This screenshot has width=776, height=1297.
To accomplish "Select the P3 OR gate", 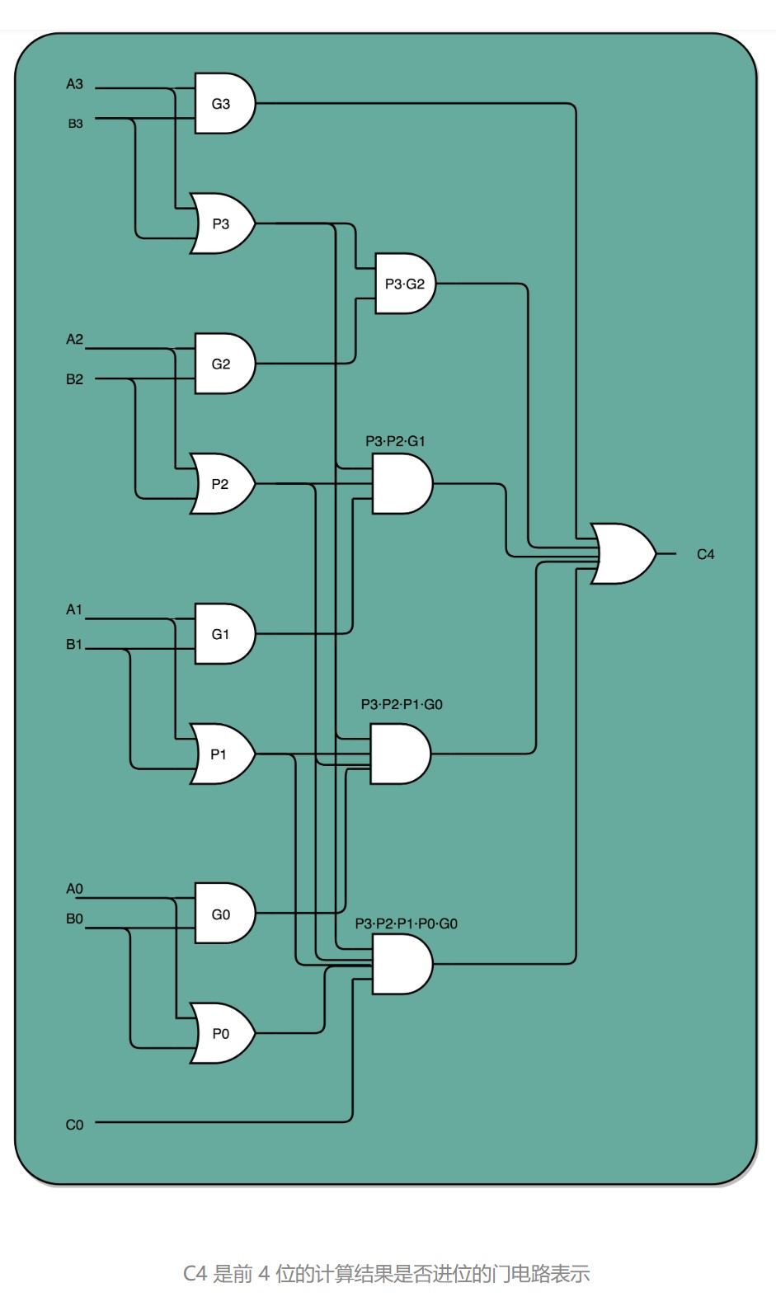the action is pyautogui.click(x=223, y=223).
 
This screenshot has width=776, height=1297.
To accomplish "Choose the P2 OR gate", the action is pyautogui.click(x=223, y=483).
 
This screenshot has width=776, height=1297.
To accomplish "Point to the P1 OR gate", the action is pyautogui.click(x=223, y=754).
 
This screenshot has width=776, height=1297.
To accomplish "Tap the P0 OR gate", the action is pyautogui.click(x=223, y=1033).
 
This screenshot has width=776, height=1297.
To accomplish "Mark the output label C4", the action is pyautogui.click(x=705, y=555).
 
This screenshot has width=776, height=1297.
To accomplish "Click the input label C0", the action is pyautogui.click(x=74, y=1125).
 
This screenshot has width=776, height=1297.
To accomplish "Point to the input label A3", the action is pyautogui.click(x=74, y=84).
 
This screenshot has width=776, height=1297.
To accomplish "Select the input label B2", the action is pyautogui.click(x=74, y=379).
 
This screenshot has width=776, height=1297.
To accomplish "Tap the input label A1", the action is pyautogui.click(x=73, y=609).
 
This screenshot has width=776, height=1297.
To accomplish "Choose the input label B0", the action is pyautogui.click(x=74, y=919).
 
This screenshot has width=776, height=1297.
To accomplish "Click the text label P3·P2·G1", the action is pyautogui.click(x=396, y=441).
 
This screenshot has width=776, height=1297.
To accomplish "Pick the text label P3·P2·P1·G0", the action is pyautogui.click(x=402, y=705).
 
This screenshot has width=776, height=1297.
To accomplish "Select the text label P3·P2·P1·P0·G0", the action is pyautogui.click(x=406, y=923).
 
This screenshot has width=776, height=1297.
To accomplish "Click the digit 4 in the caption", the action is pyautogui.click(x=264, y=1274).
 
